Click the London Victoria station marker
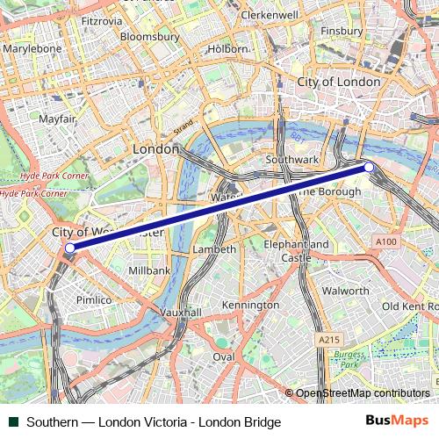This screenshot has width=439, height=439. (70, 248)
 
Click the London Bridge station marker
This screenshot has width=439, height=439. (369, 167)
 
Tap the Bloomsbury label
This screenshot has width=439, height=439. (148, 37)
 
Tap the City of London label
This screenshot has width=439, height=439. (339, 82)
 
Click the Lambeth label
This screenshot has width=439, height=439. (214, 249)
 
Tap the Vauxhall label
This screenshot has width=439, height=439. (182, 312)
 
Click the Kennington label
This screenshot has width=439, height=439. (250, 305)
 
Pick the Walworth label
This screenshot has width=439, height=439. (345, 290)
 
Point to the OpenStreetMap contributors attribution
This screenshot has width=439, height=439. (363, 393)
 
